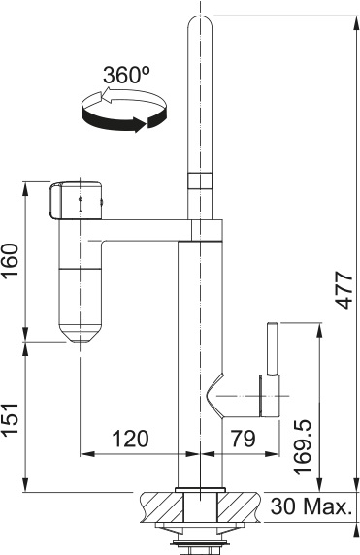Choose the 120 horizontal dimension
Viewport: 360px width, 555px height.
[x=129, y=439]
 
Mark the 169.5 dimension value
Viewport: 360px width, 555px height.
[x=303, y=445]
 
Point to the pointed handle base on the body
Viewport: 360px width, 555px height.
[x=233, y=392]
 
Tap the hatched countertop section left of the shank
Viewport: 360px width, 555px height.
[x=159, y=505]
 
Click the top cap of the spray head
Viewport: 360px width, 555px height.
[x=75, y=200]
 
